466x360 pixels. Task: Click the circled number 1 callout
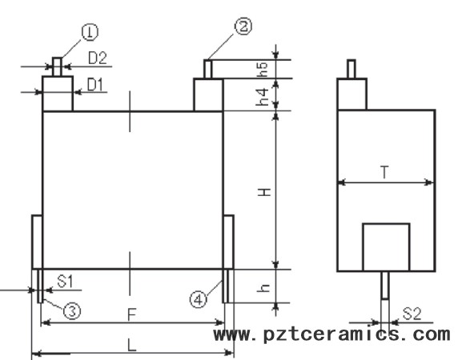pos(90,32)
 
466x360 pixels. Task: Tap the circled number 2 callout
pos(243,26)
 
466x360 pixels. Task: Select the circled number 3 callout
pos(72,311)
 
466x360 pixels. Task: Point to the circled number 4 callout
pos(199,299)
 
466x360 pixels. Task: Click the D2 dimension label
pos(98,58)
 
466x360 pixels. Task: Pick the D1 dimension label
pos(95,85)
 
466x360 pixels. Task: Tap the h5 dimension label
pos(263,70)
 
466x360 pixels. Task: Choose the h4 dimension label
pos(263,97)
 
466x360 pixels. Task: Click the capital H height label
pos(264,192)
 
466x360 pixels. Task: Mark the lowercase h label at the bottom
pos(263,287)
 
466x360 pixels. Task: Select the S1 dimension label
pos(65,281)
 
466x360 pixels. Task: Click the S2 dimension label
pos(412,314)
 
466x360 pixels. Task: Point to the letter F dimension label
pos(131,314)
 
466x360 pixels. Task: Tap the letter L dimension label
pos(131,346)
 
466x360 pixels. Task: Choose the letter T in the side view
pos(384,172)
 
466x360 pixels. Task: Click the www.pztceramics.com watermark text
pos(331,334)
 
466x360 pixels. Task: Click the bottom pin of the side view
pos(385,285)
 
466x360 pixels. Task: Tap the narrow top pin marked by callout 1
pos(58,67)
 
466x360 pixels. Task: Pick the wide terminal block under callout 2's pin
pos(208,94)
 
